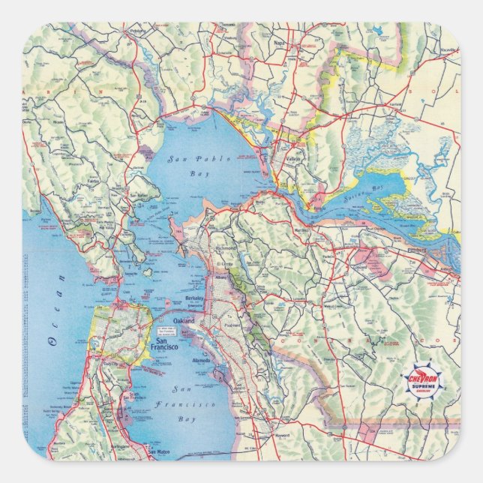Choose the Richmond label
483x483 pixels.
226,247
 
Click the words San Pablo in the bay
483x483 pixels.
184,158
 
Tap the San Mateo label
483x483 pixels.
158,452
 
